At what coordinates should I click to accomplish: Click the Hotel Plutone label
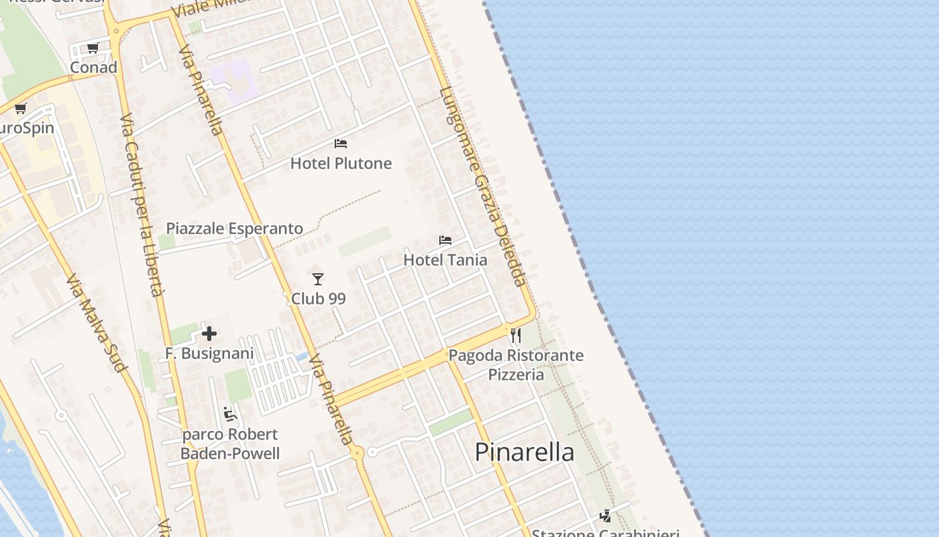coord(341,163)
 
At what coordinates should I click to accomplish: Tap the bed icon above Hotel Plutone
coord(341,144)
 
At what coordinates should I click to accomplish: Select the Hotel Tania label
coord(445,260)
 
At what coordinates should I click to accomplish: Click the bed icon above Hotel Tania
coord(445,240)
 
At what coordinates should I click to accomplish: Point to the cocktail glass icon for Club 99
coord(318,279)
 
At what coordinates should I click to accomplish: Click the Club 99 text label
coord(318,299)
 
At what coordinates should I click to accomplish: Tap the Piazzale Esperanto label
coord(235,229)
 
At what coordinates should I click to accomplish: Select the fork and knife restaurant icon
coord(516,335)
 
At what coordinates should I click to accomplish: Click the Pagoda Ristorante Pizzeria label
coord(516,364)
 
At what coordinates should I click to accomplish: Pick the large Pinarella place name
coord(524,452)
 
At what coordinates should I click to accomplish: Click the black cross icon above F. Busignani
coord(209,334)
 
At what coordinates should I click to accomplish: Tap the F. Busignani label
coord(209,354)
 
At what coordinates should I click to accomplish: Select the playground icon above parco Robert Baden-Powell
coord(230,414)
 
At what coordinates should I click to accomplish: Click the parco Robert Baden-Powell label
coord(230,444)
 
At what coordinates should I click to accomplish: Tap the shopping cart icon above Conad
coord(93,48)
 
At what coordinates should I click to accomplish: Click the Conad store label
coord(94,67)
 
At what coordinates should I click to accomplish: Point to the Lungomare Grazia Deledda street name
coord(483,187)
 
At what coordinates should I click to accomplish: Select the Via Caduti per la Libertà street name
coord(142,205)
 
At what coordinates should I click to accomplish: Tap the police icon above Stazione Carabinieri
coord(606,516)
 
